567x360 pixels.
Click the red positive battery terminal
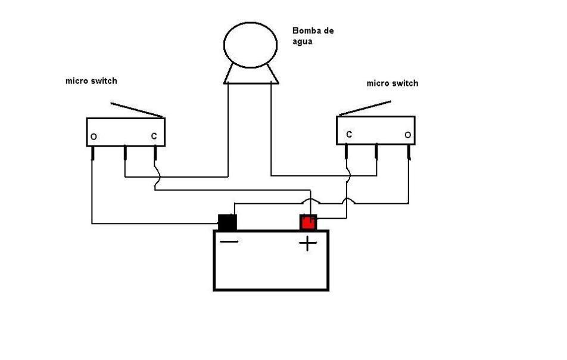(308, 222)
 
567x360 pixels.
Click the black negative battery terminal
(228, 222)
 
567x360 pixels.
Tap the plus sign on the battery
(308, 243)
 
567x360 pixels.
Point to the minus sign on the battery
(229, 241)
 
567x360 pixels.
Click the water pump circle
(250, 45)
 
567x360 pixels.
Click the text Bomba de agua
(313, 36)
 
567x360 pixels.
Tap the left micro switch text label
(91, 80)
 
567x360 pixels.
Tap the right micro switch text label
(392, 83)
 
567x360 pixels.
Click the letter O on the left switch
(94, 136)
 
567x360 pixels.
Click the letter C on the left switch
(154, 136)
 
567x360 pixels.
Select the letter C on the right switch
(349, 134)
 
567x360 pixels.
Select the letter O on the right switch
(408, 135)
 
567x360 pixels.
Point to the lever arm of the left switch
(137, 110)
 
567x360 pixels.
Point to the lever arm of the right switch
(364, 108)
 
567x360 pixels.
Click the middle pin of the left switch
(125, 153)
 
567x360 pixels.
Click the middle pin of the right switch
(376, 151)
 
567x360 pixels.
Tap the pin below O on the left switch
(92, 153)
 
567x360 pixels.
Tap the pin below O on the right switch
(409, 151)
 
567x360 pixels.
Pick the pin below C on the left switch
(155, 153)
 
